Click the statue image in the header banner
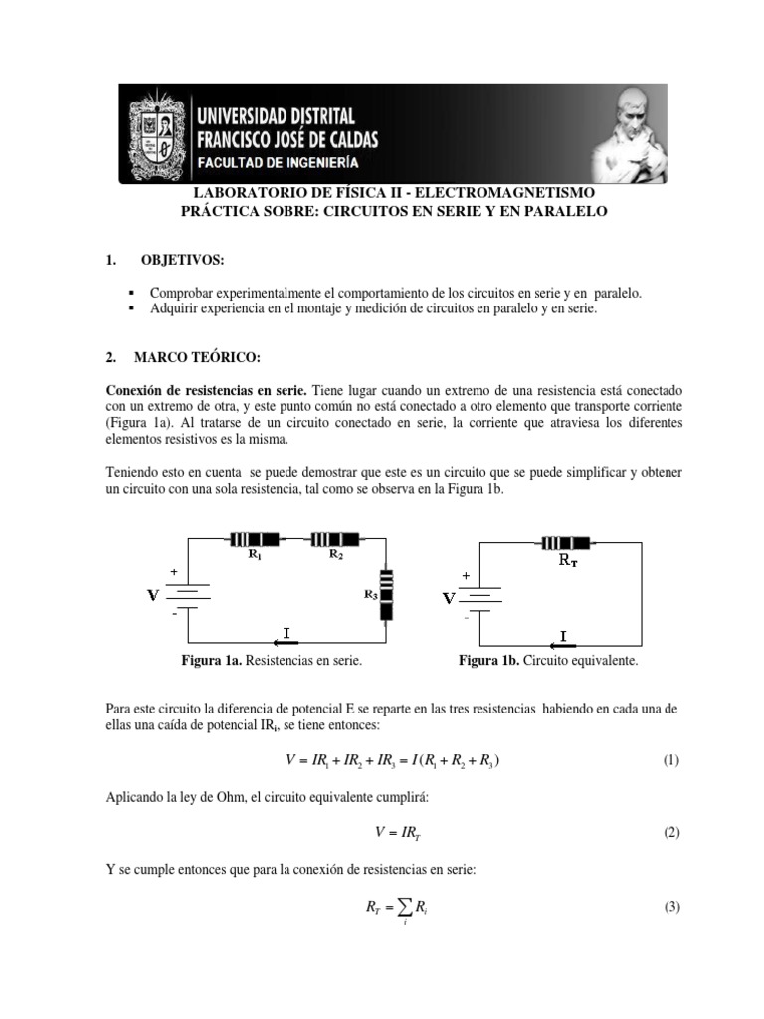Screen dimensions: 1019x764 [628, 133]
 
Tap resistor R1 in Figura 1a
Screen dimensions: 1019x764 [253, 540]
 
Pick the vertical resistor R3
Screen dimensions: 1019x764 [387, 595]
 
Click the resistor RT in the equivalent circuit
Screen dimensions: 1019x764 [565, 542]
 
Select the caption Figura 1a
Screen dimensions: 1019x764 [271, 661]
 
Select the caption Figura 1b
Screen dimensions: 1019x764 [547, 661]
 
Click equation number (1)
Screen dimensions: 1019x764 [670, 761]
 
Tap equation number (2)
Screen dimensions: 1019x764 [670, 833]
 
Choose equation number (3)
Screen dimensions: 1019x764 [670, 907]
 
